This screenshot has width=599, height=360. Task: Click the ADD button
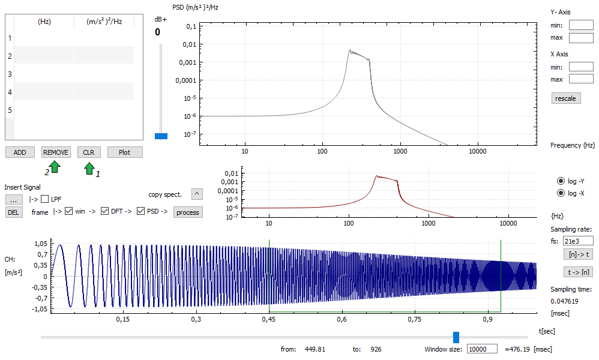click(x=20, y=152)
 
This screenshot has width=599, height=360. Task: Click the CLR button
click(x=89, y=152)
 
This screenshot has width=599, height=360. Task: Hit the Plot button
click(x=124, y=152)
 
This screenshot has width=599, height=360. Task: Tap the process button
click(x=188, y=212)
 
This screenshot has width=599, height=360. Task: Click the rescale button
click(x=566, y=98)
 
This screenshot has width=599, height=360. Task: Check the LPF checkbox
click(x=44, y=199)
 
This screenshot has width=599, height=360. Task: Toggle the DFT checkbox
click(x=104, y=211)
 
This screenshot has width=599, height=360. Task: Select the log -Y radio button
click(x=561, y=181)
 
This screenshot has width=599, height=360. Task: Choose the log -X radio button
click(x=561, y=193)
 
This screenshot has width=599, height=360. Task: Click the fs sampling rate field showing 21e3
click(x=578, y=241)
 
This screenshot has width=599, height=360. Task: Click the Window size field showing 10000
click(x=482, y=349)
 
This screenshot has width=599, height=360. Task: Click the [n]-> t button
click(x=579, y=254)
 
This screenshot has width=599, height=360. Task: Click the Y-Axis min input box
click(x=581, y=25)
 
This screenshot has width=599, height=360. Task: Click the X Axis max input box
click(x=581, y=79)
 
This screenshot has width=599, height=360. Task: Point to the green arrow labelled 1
click(x=89, y=168)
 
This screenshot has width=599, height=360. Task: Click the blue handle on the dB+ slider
click(x=161, y=136)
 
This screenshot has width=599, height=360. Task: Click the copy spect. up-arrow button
click(x=197, y=194)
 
